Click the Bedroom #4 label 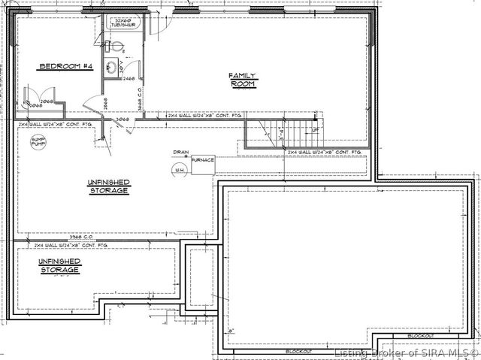click(65, 67)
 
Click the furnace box click(203, 164)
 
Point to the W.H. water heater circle click(180, 171)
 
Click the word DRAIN click(180, 151)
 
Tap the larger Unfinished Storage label click(108, 186)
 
